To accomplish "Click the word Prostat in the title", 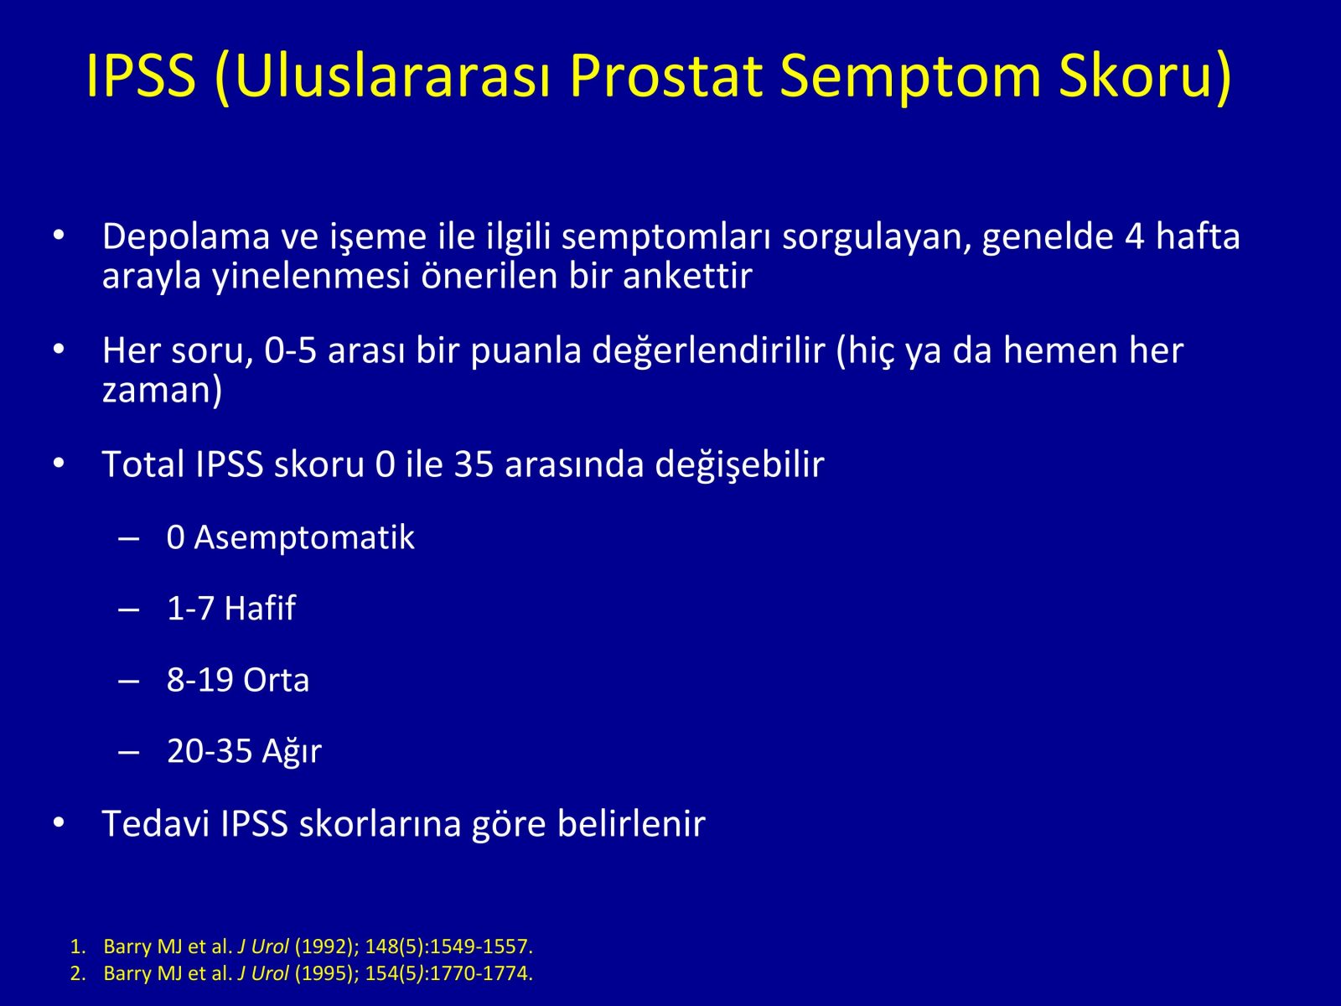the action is [x=666, y=76].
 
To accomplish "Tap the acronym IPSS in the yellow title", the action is [x=141, y=75].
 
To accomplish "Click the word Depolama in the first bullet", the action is [x=186, y=237].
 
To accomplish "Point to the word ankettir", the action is [x=688, y=276].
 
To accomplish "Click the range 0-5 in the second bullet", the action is [x=290, y=352].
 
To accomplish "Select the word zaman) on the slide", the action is [x=162, y=390].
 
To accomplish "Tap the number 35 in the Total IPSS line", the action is [x=474, y=464].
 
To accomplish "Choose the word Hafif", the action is [x=261, y=609].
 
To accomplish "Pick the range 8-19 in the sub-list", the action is [x=199, y=681].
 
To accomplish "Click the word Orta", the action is [x=276, y=681].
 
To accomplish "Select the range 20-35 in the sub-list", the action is [x=210, y=751].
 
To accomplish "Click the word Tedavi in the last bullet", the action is [x=156, y=823].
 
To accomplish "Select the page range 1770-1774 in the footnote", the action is [x=481, y=973].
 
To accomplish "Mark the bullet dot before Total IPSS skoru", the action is [x=59, y=464].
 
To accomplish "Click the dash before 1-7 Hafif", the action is [x=129, y=609].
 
